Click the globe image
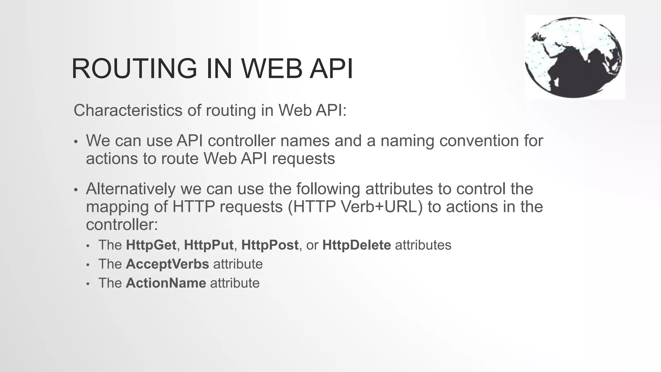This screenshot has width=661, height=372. [574, 57]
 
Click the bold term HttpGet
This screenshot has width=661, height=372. [151, 245]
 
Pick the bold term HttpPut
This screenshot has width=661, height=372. [208, 245]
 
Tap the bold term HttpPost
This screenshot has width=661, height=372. [269, 245]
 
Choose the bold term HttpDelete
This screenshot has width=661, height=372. [357, 245]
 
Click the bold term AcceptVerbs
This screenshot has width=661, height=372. [167, 264]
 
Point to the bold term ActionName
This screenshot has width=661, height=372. [166, 283]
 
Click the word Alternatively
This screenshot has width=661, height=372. [130, 189]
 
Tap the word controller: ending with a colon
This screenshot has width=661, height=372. [122, 224]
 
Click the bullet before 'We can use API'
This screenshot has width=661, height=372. [76, 142]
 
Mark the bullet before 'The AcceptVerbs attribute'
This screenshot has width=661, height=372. [88, 265]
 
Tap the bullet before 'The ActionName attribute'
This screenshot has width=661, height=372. [88, 284]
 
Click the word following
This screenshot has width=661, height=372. [328, 189]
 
